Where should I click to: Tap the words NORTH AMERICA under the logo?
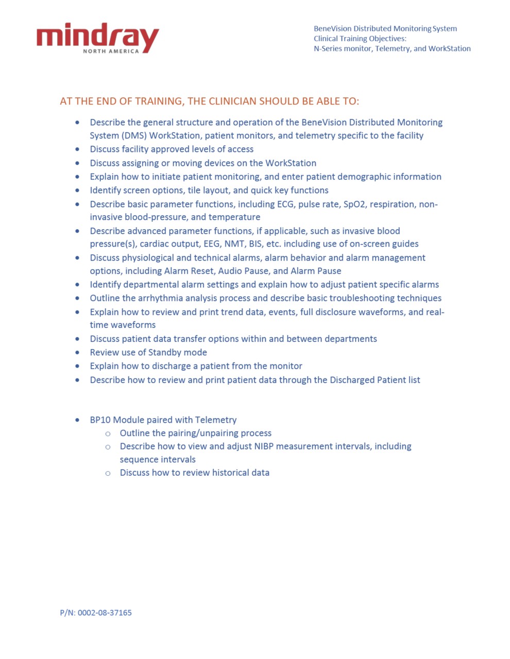[x=111, y=51]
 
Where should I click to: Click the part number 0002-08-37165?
[x=105, y=613]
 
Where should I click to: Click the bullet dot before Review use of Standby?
[x=77, y=353]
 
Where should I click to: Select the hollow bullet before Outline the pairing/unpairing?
[x=108, y=433]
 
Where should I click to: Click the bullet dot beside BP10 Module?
[x=77, y=420]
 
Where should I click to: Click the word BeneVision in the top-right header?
[x=332, y=28]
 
